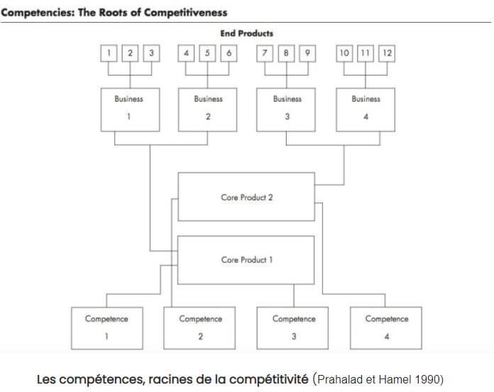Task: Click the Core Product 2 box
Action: point(246,197)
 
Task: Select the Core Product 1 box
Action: point(246,260)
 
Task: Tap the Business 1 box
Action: point(128,109)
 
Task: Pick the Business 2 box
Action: point(207,109)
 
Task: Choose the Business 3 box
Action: point(287,109)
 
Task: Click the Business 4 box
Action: point(366,109)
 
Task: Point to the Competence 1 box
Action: point(106,328)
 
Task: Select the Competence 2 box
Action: point(200,328)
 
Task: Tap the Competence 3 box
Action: point(293,328)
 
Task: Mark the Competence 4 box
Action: point(386,328)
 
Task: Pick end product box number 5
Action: point(207,53)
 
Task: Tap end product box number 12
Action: point(387,53)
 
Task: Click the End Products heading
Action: point(246,33)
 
